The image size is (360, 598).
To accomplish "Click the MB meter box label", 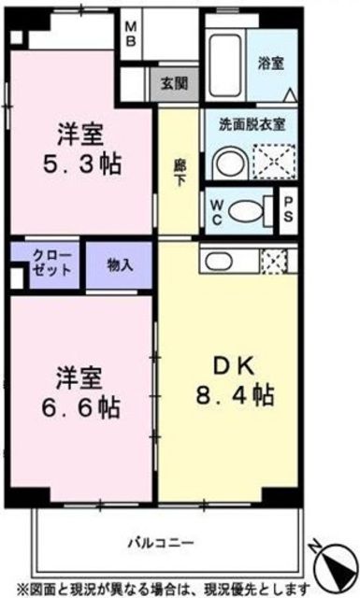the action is (131, 34).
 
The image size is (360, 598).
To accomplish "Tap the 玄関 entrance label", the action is (175, 83).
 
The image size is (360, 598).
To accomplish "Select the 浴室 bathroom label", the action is (271, 64).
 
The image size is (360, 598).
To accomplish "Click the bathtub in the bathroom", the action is (225, 64).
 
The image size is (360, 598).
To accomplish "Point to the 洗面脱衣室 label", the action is (252, 124).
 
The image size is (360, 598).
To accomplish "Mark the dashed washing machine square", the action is (275, 161).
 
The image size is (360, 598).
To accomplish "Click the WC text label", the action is (216, 213).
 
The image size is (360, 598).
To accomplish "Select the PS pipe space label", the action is (288, 209).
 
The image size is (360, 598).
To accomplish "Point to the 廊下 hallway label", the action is (180, 173).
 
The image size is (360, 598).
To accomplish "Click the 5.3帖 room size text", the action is (81, 165).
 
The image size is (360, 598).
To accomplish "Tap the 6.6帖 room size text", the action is (80, 408).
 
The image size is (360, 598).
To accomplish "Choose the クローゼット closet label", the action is (51, 263).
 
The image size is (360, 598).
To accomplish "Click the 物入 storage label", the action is (120, 264).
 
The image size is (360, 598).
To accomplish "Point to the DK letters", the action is (233, 367).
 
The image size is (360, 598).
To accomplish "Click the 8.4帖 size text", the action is (235, 395).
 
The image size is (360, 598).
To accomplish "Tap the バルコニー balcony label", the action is (161, 542).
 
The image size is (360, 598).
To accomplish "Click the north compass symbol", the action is (335, 562).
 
